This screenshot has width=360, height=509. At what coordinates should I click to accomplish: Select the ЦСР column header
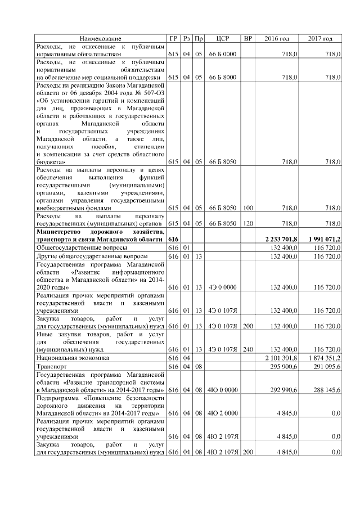click(x=222, y=38)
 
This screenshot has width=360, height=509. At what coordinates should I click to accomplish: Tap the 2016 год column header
click(x=277, y=38)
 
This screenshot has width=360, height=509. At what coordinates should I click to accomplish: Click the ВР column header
click(x=247, y=38)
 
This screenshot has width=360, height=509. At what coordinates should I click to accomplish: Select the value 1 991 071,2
click(x=324, y=240)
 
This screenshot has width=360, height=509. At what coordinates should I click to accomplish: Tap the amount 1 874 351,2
click(x=325, y=358)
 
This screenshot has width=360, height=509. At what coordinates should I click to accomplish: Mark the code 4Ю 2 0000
click(x=222, y=413)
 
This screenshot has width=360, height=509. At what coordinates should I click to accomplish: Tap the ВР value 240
click(x=247, y=349)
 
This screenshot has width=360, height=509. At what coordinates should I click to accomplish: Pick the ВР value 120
click(x=247, y=223)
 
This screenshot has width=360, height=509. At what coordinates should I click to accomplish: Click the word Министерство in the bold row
click(x=58, y=232)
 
